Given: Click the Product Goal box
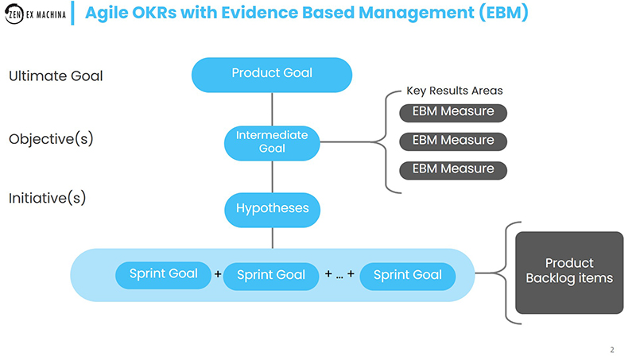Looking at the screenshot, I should [272, 74].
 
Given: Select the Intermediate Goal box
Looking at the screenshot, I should [272, 141].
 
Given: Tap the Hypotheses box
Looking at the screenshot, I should [272, 209].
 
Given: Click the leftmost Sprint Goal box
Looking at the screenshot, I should [163, 274].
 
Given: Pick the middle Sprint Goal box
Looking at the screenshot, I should [271, 275].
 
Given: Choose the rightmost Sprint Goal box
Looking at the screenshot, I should [407, 275].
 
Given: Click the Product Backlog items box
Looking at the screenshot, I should [569, 271].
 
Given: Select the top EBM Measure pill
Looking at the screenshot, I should [453, 112].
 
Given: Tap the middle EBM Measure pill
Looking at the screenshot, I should [453, 141].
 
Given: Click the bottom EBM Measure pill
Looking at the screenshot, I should [453, 169].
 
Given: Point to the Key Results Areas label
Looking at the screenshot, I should [454, 91].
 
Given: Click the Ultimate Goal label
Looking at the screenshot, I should [56, 76].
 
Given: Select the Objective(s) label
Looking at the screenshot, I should [51, 139].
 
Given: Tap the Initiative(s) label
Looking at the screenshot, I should [47, 198].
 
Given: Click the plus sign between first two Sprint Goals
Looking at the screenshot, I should [218, 275].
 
